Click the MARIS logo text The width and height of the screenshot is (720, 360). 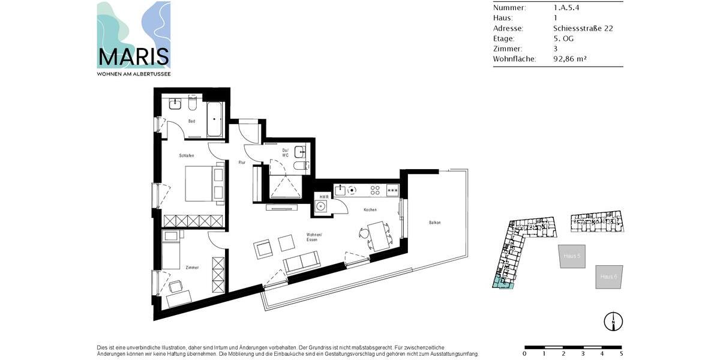tap(133, 57)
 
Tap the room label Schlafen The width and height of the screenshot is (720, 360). tap(187, 155)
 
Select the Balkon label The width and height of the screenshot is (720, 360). tap(435, 223)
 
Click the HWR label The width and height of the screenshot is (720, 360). tap(324, 197)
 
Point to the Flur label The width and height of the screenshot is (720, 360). tap(242, 162)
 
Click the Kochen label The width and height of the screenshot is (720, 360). tap(370, 210)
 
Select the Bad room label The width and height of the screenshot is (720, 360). tap(191, 121)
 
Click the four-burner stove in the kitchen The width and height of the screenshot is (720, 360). tap(375, 190)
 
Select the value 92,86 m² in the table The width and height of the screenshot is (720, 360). tap(569, 59)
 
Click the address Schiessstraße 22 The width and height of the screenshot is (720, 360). tap(583, 28)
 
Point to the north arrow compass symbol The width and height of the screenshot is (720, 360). tap(613, 321)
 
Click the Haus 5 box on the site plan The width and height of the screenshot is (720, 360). tap(571, 256)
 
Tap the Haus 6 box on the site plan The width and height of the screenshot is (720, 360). tap(609, 277)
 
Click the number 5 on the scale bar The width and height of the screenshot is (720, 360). tap(621, 354)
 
